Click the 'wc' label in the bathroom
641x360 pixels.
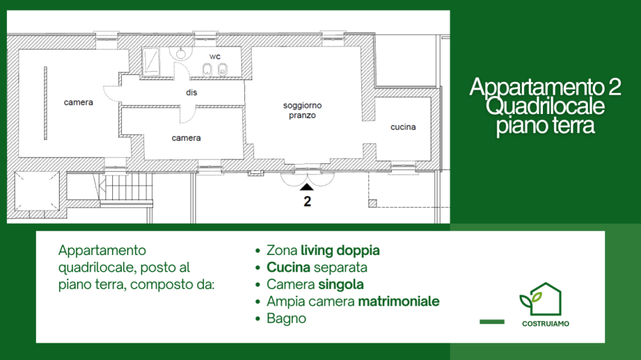click(215, 56)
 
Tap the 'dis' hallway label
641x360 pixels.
click(191, 92)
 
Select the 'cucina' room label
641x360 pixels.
click(403, 127)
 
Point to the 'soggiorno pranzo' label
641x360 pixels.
click(303, 110)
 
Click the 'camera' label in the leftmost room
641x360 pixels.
click(78, 102)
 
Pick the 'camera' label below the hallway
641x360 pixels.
click(186, 138)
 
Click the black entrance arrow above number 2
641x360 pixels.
click(306, 187)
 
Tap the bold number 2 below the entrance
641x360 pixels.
click(308, 201)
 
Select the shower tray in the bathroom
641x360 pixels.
click(151, 61)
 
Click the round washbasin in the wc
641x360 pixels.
click(181, 53)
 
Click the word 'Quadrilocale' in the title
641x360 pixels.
click(545, 106)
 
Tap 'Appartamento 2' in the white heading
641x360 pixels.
click(545, 86)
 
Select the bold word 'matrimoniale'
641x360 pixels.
click(399, 302)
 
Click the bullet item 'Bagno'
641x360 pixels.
click(286, 319)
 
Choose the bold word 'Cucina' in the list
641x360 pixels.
click(288, 268)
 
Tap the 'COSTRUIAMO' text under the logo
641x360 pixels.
click(545, 323)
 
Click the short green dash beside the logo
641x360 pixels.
click(492, 322)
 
